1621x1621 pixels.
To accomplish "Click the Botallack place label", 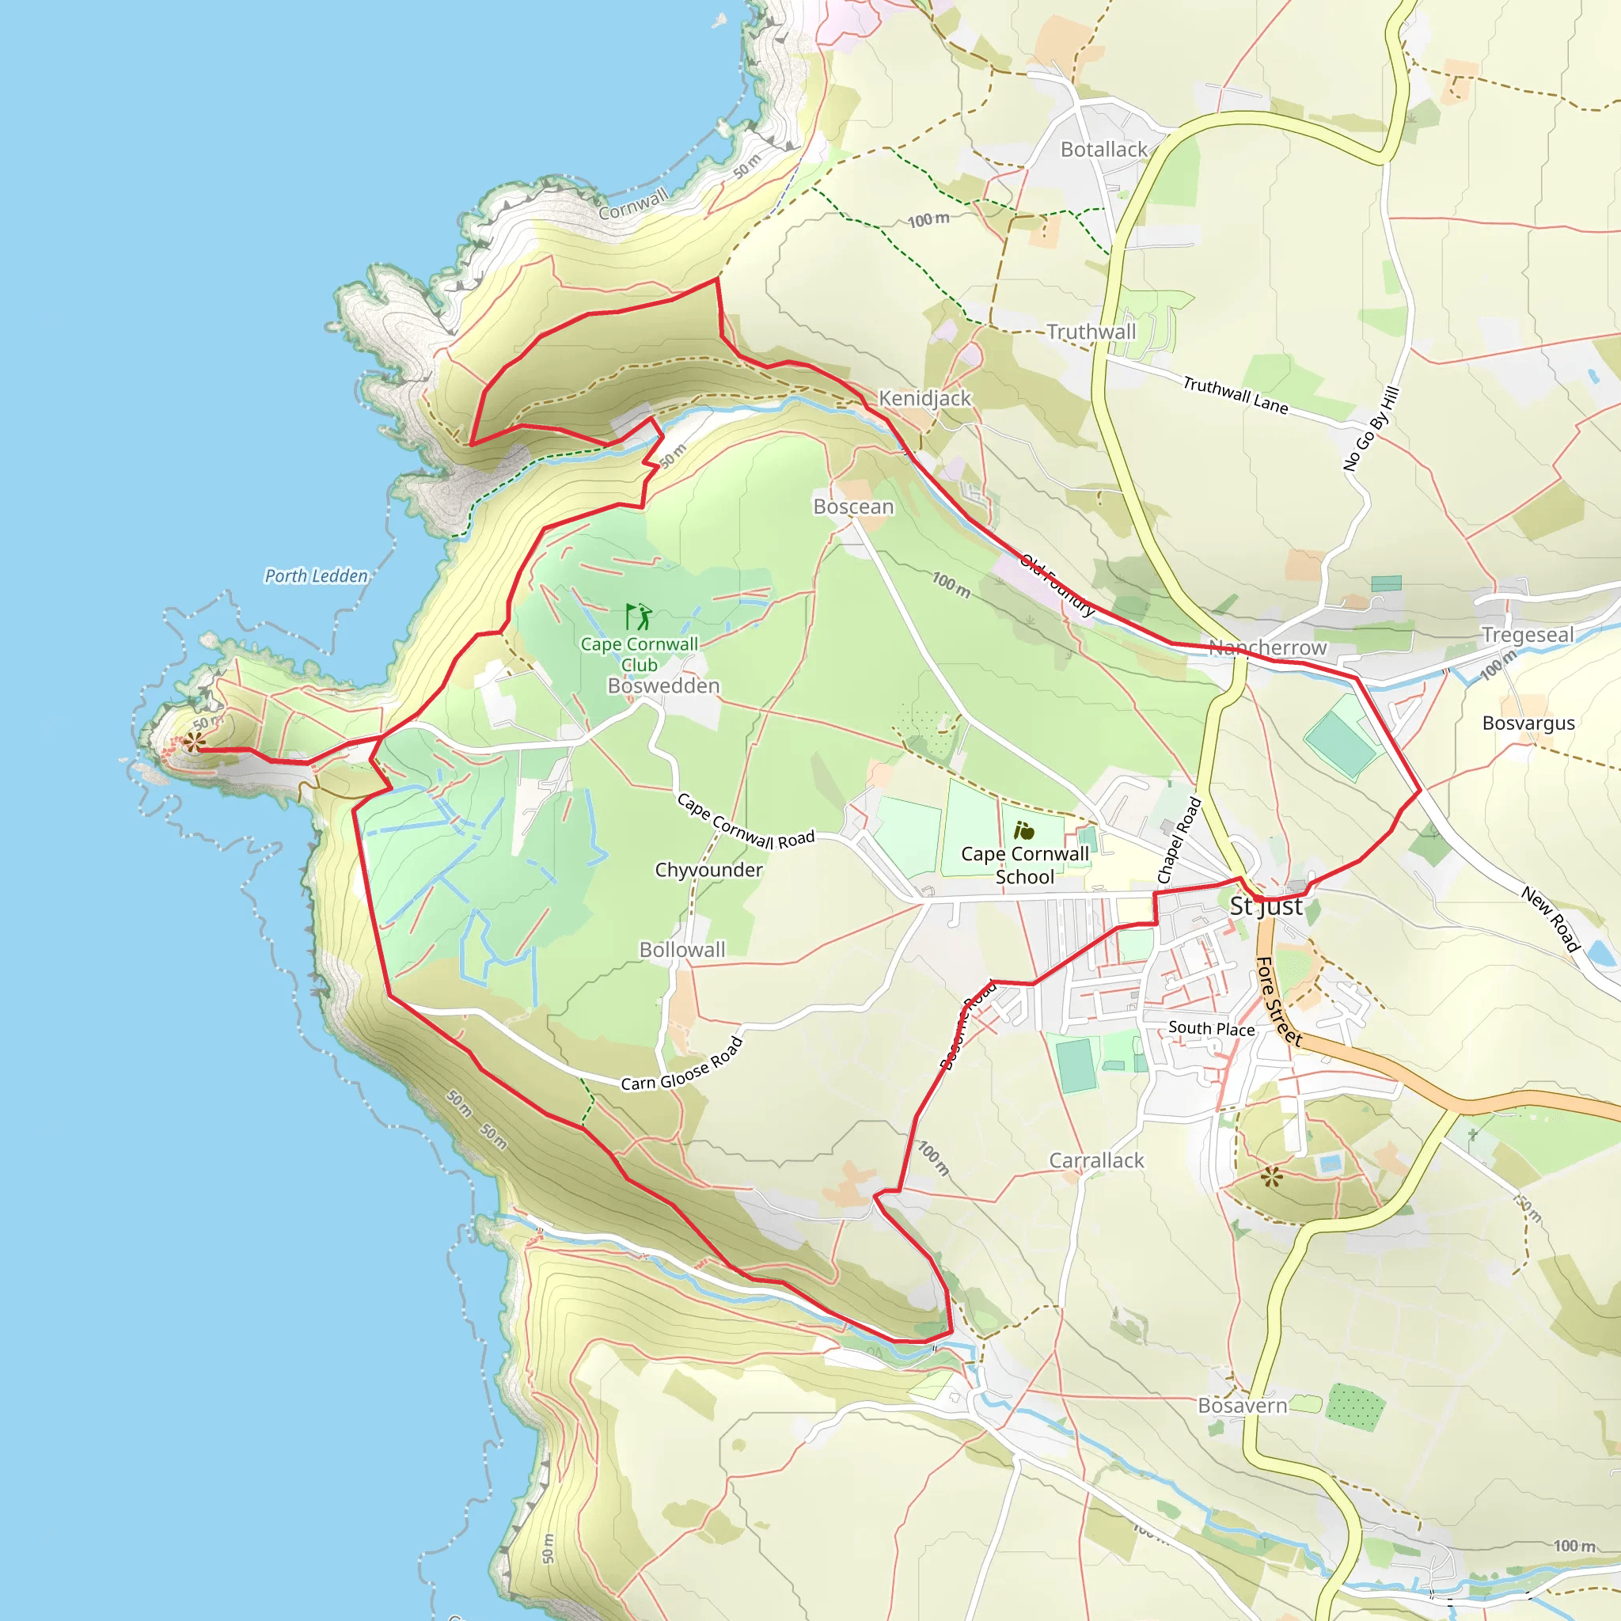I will coord(1103,150).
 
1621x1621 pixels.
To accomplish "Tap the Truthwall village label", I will coord(1091,332).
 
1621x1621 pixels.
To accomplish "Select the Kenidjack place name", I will coord(924,399).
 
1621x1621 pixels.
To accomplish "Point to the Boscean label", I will coord(853,507).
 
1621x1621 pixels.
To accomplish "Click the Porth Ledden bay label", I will coord(317,575).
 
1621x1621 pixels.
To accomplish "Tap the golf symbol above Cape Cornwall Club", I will coord(639,617).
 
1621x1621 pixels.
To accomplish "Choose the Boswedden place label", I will coord(663,685).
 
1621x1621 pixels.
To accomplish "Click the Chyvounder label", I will coord(708,870).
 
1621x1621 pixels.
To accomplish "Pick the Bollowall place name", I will coord(682,950).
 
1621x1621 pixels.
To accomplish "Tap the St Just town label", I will coord(1266,906).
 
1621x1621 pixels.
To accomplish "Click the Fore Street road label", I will coord(1279,1002).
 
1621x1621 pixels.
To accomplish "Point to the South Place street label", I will coord(1212,1029).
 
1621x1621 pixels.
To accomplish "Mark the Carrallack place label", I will coord(1096,1160).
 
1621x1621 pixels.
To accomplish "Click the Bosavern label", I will coord(1242,1406).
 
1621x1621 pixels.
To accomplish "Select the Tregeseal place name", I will coord(1527,634).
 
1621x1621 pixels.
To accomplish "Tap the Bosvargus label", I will coord(1528,723).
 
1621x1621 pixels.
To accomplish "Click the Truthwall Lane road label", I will coord(1235,394).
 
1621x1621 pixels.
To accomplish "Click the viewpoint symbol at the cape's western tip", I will coord(195,742).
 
